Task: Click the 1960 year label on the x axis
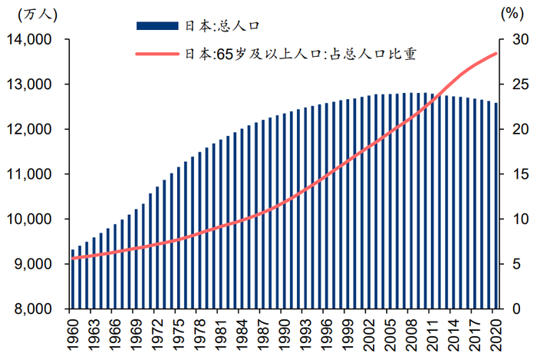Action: [74, 332]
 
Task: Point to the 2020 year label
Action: [496, 332]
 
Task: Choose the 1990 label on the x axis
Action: [285, 332]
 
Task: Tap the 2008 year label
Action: [412, 332]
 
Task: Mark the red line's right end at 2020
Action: [497, 53]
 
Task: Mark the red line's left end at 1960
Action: [72, 258]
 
